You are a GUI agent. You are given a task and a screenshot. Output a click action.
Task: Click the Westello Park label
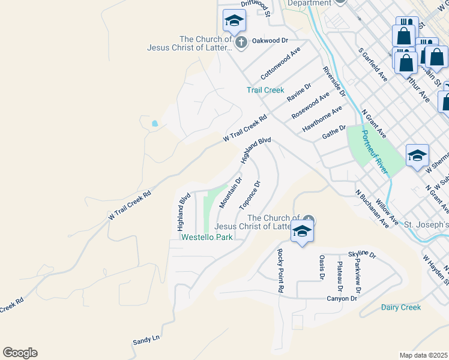207,237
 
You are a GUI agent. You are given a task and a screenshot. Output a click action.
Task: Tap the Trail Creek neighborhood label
265,90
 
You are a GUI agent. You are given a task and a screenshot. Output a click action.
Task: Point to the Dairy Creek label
401,307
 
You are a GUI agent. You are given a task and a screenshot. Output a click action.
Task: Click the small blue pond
155,124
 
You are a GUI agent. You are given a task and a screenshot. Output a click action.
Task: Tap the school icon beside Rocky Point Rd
303,231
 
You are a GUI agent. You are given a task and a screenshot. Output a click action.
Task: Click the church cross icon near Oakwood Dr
241,43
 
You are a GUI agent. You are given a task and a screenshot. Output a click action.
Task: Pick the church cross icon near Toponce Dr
309,218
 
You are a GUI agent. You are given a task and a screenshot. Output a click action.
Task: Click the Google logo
20,353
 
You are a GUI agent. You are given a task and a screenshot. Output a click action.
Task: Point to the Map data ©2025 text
423,355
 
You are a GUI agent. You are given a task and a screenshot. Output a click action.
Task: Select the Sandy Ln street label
146,340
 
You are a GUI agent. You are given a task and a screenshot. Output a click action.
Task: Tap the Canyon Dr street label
342,299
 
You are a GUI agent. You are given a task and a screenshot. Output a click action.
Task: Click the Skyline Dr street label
361,255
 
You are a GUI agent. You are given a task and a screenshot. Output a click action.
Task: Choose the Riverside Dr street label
334,82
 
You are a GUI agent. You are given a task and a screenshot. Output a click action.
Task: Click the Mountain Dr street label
231,193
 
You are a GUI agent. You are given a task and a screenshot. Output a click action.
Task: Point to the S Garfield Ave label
372,65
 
